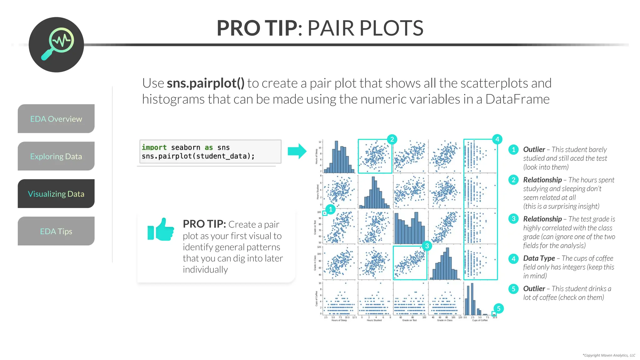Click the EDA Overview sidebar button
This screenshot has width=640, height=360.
[x=56, y=119]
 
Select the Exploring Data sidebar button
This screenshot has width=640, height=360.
[x=56, y=156]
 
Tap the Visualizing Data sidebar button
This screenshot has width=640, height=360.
[x=56, y=194]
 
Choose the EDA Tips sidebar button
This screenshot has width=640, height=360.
[x=56, y=231]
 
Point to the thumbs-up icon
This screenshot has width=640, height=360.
[x=161, y=230]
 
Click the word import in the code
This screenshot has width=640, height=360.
[x=154, y=147]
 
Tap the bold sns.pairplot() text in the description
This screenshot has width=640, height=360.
[x=205, y=83]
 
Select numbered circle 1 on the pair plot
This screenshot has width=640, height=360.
[x=330, y=209]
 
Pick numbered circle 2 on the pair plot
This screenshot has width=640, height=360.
[x=392, y=139]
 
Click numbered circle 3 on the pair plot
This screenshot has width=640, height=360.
[x=427, y=246]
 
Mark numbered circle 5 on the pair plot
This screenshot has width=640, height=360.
[x=498, y=308]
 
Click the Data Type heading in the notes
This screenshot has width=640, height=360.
[x=539, y=258]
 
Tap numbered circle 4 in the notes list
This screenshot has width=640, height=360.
[x=513, y=258]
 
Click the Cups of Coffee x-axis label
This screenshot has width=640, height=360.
[x=480, y=320]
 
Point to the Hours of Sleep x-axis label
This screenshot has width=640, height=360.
[x=339, y=320]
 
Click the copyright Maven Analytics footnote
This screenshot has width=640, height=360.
[x=609, y=355]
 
